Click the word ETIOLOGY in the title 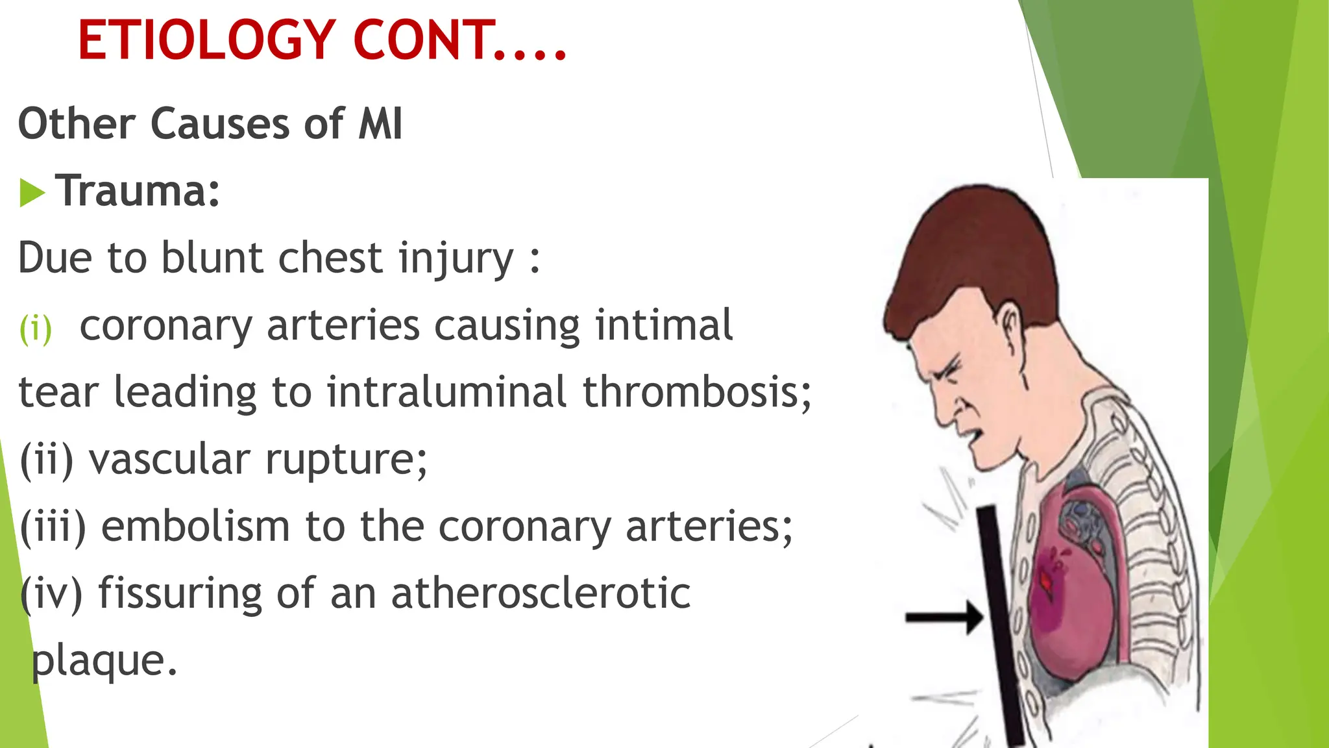click(206, 40)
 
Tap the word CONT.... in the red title click(460, 40)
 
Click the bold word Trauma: click(138, 192)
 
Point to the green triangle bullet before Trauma click(32, 193)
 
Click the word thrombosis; click(697, 392)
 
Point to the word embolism click(195, 526)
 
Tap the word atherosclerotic click(541, 593)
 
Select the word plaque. click(104, 661)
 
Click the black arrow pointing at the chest click(944, 616)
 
